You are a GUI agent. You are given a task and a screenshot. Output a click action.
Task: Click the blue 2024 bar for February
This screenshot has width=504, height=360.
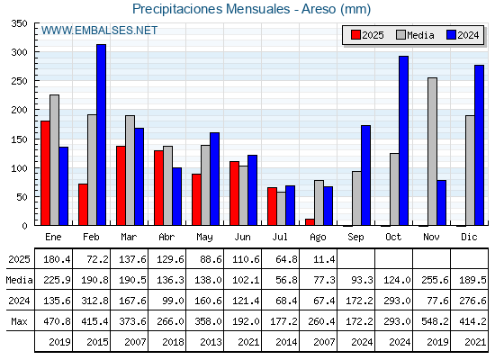point(101,135)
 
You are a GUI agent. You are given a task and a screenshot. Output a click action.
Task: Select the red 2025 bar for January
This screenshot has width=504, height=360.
point(45,173)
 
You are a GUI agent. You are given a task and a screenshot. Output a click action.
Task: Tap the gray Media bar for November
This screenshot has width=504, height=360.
point(432,151)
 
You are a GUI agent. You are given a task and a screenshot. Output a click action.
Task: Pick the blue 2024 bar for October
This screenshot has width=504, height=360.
point(404,140)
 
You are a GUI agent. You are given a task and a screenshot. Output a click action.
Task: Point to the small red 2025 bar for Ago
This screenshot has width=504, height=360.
point(310,222)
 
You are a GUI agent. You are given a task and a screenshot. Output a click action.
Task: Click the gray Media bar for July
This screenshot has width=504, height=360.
point(281,209)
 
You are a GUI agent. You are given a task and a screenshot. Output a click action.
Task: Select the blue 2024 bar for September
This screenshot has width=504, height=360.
point(365,175)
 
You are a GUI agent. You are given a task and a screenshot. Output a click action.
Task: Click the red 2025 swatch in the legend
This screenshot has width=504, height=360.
point(355,35)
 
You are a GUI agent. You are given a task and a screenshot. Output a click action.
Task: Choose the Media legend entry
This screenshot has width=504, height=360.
point(415,35)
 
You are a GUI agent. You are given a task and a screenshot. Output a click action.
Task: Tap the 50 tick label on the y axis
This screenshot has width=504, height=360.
point(22,197)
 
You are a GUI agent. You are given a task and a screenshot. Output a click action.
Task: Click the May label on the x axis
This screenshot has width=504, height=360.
point(204,238)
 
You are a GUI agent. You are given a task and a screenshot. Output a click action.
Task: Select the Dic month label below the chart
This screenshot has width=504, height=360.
point(469,237)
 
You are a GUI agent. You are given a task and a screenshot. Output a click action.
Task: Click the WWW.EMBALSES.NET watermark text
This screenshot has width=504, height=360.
point(99,31)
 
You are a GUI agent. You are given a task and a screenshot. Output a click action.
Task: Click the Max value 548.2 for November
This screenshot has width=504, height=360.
point(435,321)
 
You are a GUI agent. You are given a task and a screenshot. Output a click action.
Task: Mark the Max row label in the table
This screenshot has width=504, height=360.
point(19,321)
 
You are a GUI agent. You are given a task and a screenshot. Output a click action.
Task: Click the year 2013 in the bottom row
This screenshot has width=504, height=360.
point(211,342)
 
